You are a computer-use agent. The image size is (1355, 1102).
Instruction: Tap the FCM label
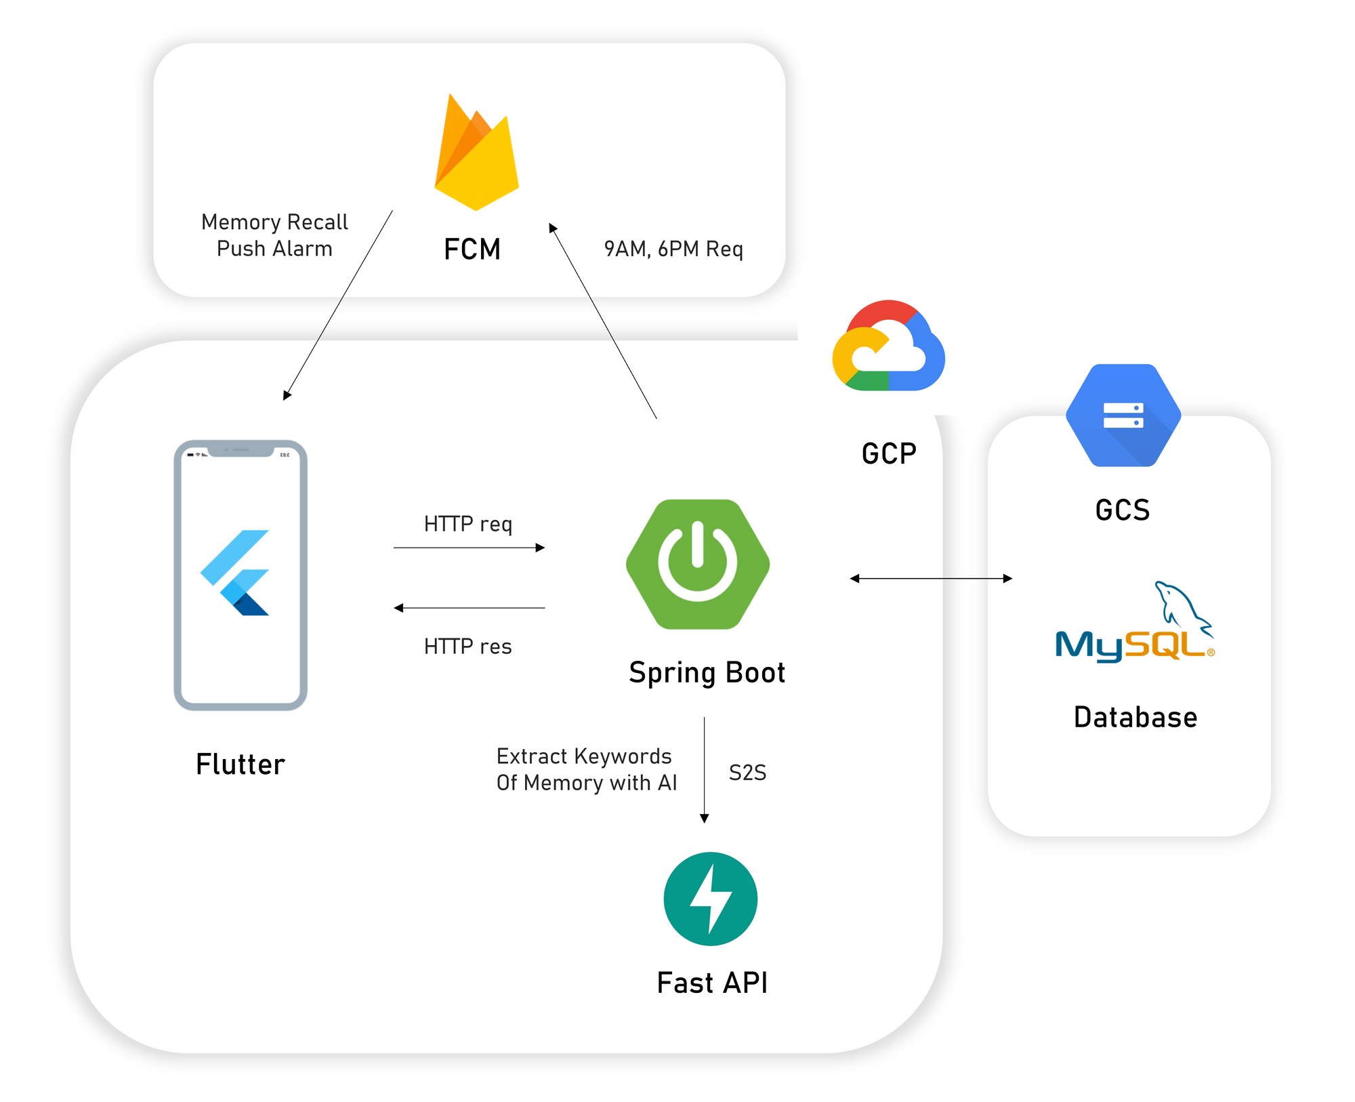click(x=472, y=249)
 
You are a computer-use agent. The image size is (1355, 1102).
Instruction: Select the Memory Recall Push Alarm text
click(x=274, y=235)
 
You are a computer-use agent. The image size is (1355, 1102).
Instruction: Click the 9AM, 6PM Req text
click(x=673, y=249)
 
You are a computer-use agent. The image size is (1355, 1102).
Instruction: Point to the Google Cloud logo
click(x=888, y=346)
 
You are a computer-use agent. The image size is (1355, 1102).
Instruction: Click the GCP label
click(x=889, y=453)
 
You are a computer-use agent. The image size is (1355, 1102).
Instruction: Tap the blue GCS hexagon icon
click(x=1123, y=415)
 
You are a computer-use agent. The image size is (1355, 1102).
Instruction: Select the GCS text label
click(x=1123, y=510)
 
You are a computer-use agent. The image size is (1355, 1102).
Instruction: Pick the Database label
click(x=1135, y=717)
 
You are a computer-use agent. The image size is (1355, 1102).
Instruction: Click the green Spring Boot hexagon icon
click(x=698, y=564)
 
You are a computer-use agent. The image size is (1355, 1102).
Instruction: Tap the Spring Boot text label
click(x=707, y=673)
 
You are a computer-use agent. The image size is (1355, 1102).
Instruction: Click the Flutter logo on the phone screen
click(x=234, y=573)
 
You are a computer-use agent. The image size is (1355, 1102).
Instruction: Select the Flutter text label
click(x=241, y=764)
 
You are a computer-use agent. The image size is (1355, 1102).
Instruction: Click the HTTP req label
click(x=468, y=524)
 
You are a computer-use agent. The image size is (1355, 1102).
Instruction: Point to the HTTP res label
click(x=468, y=647)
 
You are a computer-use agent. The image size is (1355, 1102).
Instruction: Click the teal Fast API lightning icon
click(x=711, y=899)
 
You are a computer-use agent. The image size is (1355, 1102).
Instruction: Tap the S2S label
click(x=748, y=773)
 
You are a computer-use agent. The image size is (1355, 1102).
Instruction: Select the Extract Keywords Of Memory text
click(x=587, y=769)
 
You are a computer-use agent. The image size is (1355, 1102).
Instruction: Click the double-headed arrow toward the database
click(x=932, y=578)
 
